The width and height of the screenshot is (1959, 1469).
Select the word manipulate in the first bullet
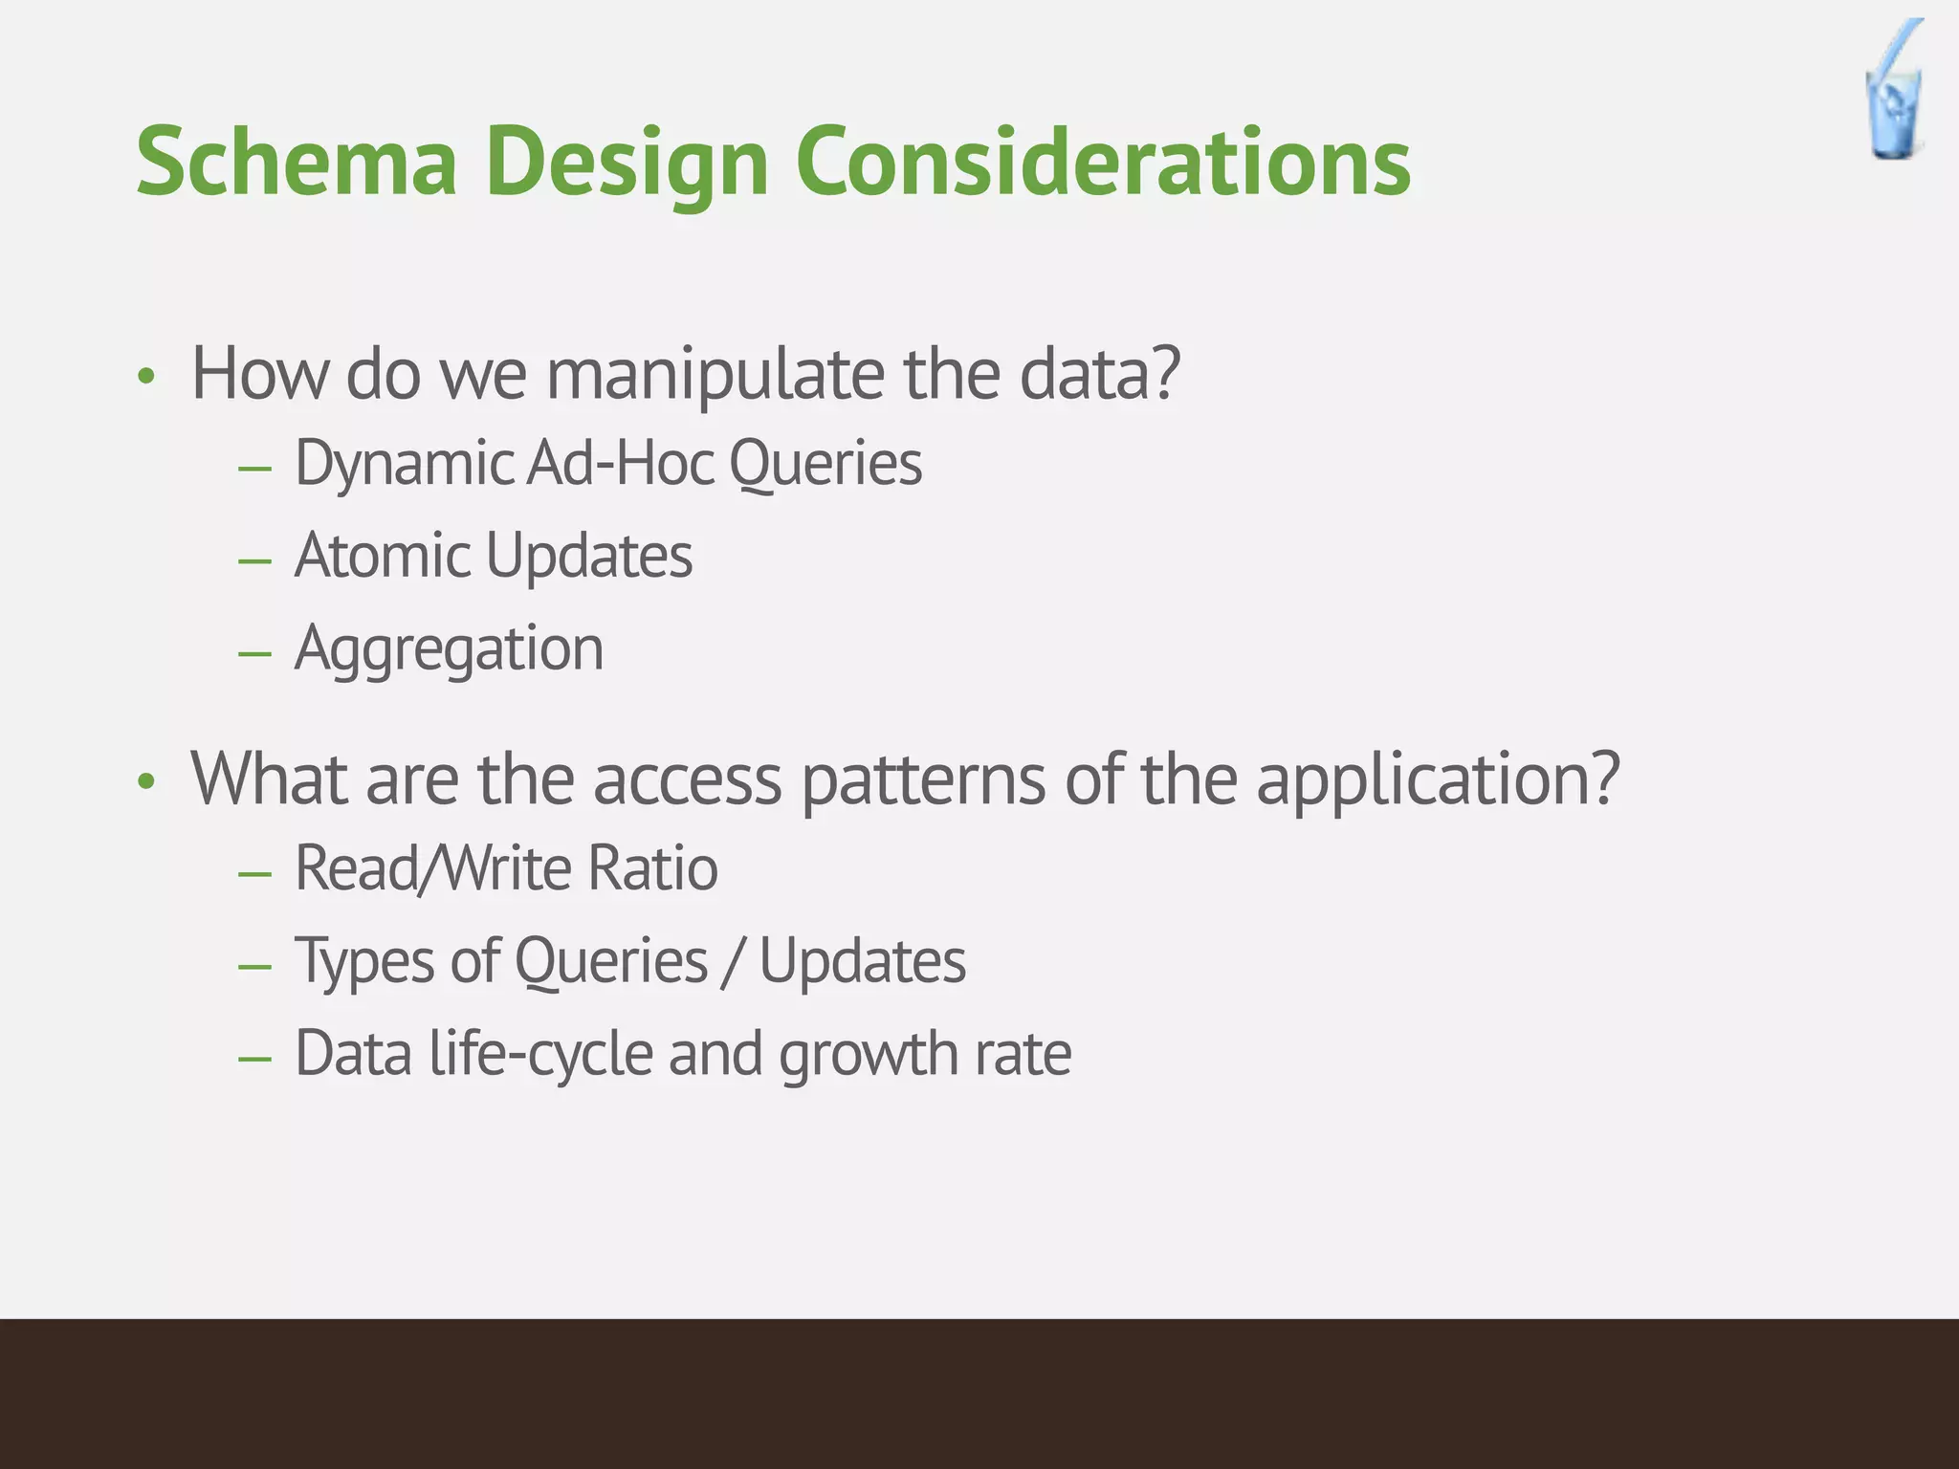[715, 375]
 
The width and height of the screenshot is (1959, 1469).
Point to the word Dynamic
[405, 465]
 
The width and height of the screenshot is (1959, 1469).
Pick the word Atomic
[382, 556]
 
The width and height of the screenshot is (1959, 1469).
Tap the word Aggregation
[450, 649]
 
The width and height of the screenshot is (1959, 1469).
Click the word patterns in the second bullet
[923, 779]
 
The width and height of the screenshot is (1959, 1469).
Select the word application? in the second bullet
[1438, 779]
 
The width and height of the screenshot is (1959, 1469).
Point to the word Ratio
[652, 868]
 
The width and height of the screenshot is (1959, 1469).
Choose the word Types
[363, 961]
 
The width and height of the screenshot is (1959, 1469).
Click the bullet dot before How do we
[145, 377]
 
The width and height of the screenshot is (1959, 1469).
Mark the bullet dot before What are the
[145, 782]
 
